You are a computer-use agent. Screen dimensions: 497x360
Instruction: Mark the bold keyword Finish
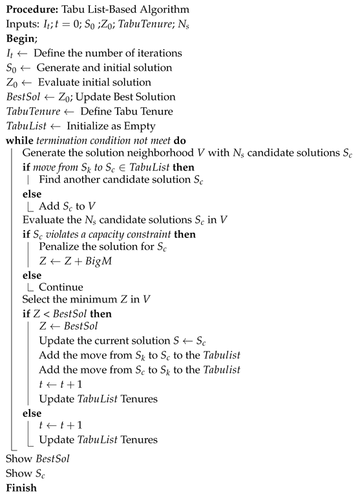click(21, 489)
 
